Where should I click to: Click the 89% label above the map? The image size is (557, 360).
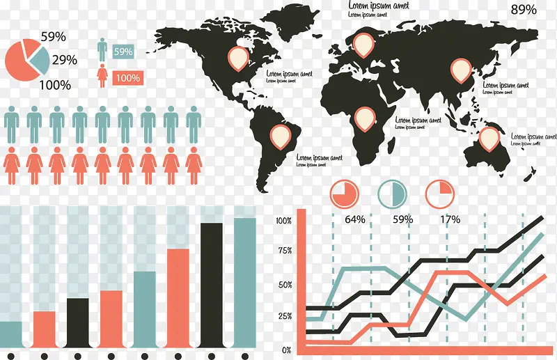click(524, 10)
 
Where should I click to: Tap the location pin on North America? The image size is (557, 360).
click(239, 58)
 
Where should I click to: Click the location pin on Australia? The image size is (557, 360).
click(492, 138)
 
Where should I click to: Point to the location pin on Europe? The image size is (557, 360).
click(363, 44)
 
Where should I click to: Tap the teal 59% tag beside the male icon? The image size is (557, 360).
click(123, 52)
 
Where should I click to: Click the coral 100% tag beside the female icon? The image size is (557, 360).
click(126, 78)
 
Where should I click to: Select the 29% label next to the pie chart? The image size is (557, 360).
click(65, 60)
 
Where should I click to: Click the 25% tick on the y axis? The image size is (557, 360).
click(284, 316)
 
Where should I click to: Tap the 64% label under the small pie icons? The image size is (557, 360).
click(354, 219)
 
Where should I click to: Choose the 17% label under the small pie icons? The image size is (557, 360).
click(450, 219)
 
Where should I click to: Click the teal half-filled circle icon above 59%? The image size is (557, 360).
click(390, 194)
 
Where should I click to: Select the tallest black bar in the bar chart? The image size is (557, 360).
click(212, 284)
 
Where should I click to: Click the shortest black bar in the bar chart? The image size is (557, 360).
click(77, 322)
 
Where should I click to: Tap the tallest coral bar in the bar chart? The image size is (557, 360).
click(178, 297)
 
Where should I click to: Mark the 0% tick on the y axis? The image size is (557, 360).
click(286, 350)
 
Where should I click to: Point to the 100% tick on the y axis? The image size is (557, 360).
click(283, 221)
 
